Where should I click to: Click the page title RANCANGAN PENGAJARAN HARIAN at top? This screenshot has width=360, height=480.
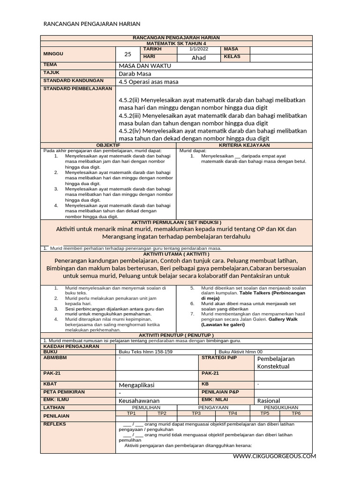coord(92,24)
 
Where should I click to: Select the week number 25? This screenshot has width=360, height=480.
coord(128,54)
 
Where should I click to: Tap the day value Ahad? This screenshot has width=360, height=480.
coord(199,58)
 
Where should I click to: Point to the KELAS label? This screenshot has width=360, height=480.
coord(232,57)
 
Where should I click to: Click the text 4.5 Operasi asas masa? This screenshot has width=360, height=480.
coord(149,82)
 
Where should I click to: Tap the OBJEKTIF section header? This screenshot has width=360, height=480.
coord(108,146)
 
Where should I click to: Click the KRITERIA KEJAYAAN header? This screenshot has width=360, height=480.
coord(244,146)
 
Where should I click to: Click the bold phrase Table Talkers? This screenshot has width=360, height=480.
coord(257,293)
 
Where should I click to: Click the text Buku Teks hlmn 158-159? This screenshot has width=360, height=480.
coord(145,352)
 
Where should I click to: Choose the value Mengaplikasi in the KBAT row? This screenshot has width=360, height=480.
coord(136,385)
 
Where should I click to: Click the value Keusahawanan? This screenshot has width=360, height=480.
coord(139,401)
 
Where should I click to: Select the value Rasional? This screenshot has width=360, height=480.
coord(269,401)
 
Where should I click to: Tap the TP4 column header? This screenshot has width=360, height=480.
coord(232,413)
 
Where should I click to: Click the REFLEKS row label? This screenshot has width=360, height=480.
coord(54,424)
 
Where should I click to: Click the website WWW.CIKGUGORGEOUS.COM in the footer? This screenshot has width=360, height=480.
coord(274,456)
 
